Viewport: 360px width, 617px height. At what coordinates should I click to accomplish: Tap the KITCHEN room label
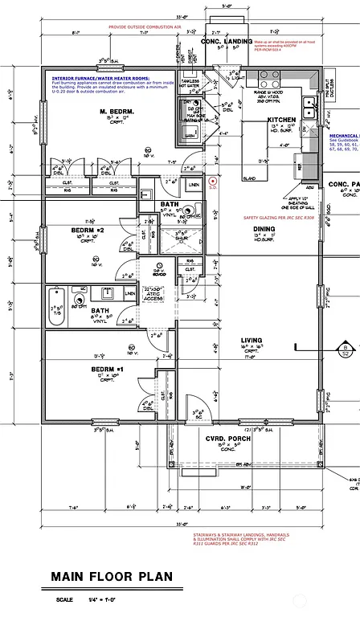281,120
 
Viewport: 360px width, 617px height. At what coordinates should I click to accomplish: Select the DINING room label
264,228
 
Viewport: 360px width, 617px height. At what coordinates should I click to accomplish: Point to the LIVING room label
252,341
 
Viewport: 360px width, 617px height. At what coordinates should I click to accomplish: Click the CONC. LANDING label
227,41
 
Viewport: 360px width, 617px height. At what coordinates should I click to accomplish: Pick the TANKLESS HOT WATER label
190,84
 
